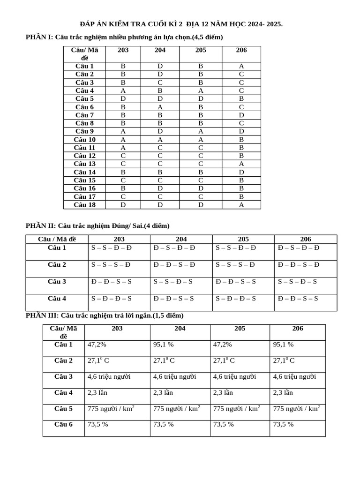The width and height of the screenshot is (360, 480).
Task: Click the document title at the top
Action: click(181, 24)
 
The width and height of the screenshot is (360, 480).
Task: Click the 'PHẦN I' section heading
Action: click(124, 37)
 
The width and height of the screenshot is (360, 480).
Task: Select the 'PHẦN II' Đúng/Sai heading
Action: click(97, 225)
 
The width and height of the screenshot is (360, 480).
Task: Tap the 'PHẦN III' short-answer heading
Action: click(105, 315)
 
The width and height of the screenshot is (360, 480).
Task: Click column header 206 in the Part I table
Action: click(241, 50)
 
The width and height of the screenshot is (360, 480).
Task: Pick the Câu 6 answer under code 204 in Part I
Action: click(160, 107)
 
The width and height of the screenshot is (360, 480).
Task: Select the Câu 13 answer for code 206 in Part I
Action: click(241, 164)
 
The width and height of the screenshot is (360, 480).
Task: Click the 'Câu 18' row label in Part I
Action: click(85, 205)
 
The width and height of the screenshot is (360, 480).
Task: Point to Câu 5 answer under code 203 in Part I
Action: click(123, 98)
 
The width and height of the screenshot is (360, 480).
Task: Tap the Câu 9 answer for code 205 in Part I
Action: click(201, 131)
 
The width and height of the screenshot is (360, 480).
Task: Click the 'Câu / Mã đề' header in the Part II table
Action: click(57, 239)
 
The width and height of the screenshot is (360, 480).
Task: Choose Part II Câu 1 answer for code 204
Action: click(174, 247)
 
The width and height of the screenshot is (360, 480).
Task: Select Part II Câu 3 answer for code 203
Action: click(112, 281)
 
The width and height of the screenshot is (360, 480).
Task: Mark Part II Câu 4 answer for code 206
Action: click(298, 298)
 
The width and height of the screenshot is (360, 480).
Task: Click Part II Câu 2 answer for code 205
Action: click(235, 264)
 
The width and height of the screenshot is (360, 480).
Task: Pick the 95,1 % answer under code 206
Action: click(283, 345)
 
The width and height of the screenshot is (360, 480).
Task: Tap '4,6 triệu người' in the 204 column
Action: click(174, 376)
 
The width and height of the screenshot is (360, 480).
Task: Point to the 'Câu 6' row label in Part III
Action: click(63, 424)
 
